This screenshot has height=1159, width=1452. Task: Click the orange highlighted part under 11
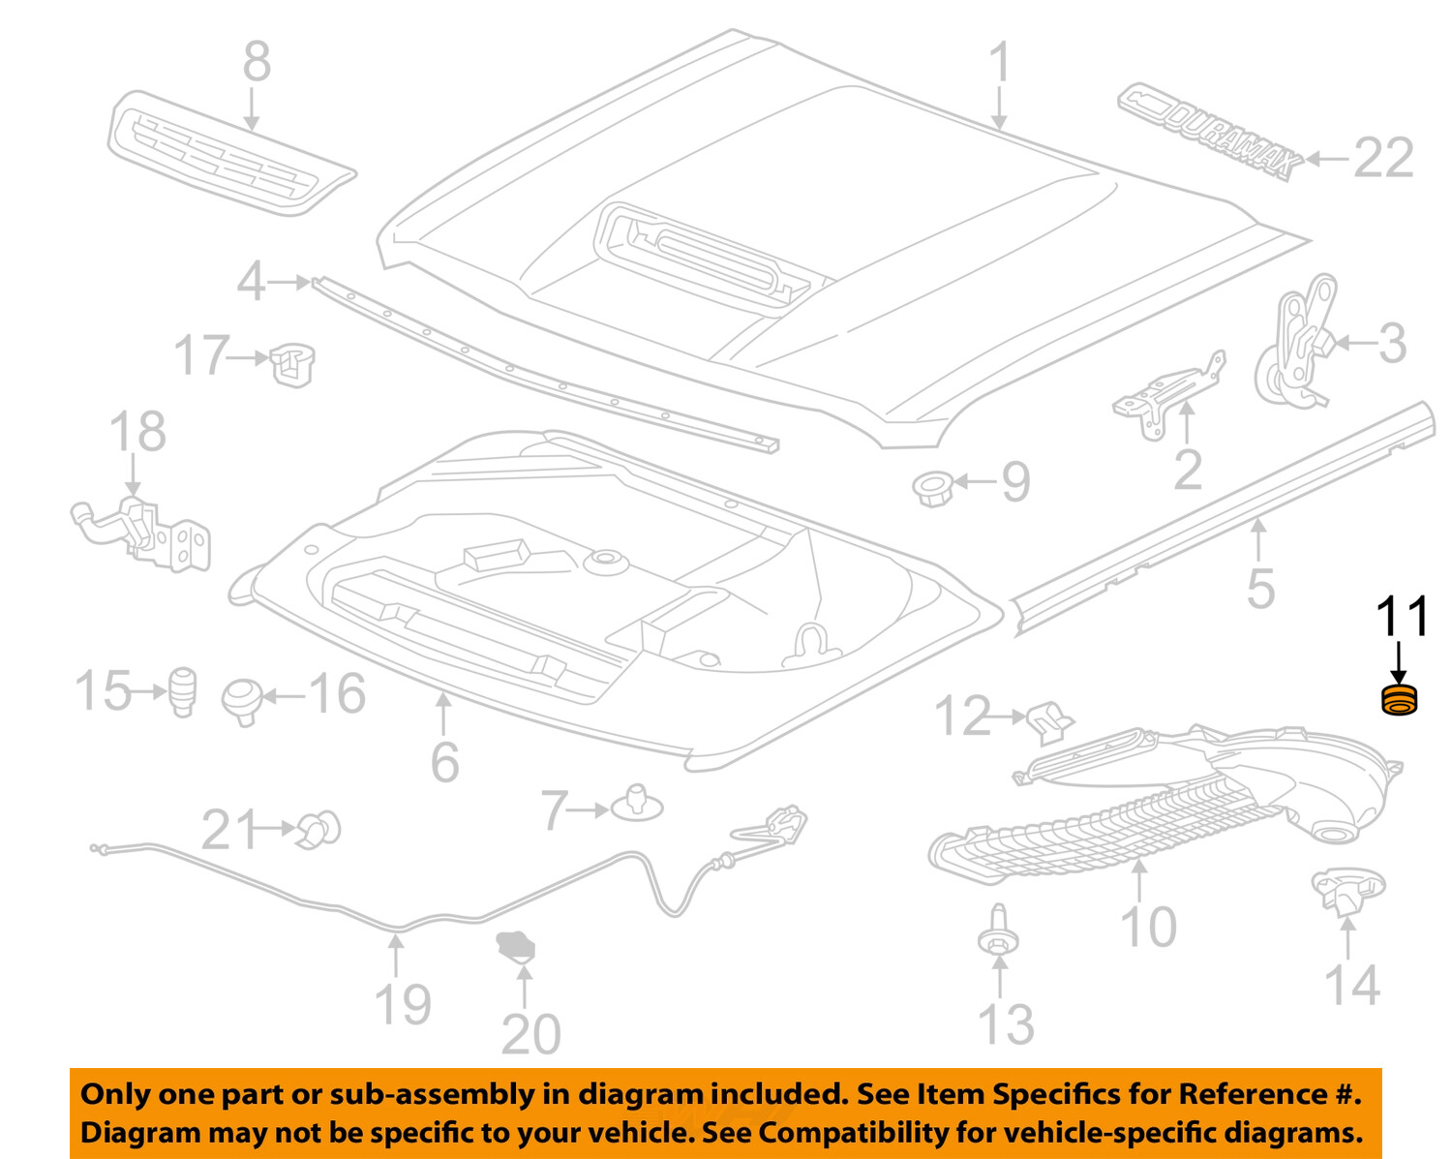1398,700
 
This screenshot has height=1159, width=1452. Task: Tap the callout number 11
1402,617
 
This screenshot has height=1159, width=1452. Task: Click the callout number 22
1383,158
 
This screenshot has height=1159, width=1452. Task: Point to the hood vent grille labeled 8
228,152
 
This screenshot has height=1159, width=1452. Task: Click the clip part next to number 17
292,363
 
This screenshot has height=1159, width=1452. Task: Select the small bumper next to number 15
183,690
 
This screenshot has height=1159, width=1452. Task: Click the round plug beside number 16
242,699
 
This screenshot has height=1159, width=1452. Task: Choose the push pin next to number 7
637,803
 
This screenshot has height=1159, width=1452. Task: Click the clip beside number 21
319,829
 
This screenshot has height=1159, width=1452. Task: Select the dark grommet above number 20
515,946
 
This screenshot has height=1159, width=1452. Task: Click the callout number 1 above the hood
1000,63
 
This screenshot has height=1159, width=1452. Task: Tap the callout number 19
403,1004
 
